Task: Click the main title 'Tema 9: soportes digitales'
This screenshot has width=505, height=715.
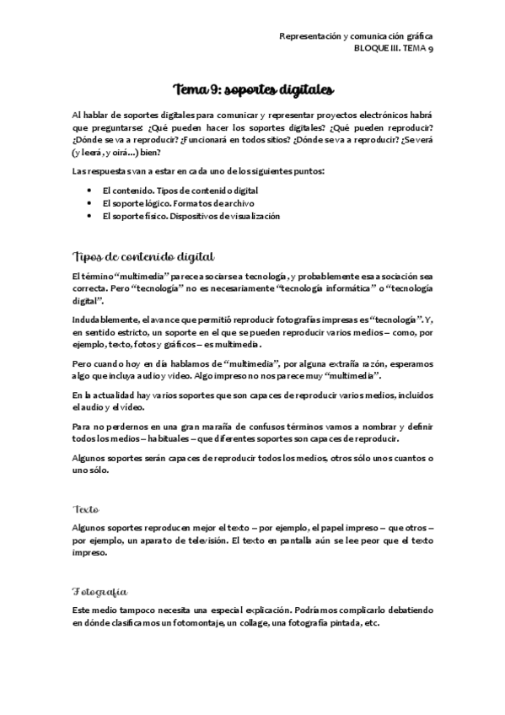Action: (252, 89)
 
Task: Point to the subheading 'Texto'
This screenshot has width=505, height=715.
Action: (87, 509)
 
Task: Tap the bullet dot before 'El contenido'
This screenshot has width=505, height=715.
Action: (89, 191)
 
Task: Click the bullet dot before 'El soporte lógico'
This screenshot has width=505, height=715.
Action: (89, 203)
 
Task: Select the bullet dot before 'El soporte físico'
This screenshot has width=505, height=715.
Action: (89, 216)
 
